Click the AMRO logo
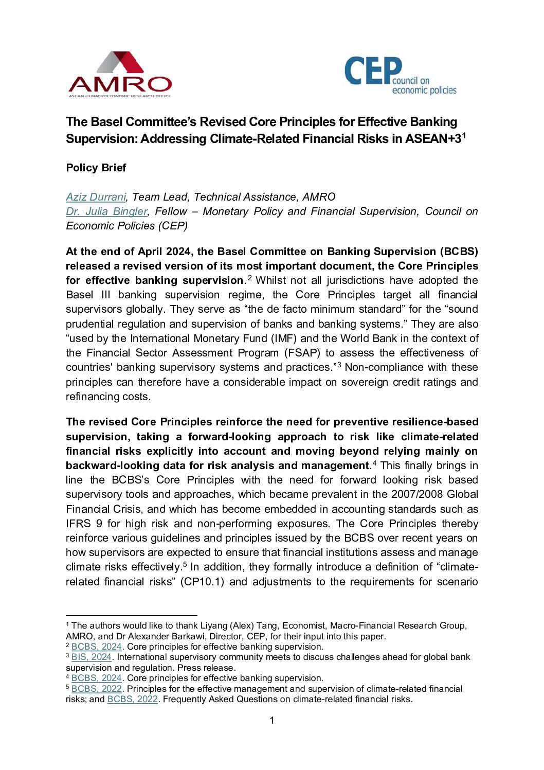[x=120, y=75]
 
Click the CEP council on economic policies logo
[x=400, y=76]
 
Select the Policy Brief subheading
[x=96, y=168]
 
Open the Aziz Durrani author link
[x=96, y=197]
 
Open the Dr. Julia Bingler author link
[x=106, y=211]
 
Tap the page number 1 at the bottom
[x=272, y=720]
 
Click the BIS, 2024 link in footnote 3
[x=92, y=657]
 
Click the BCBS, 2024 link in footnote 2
[x=97, y=647]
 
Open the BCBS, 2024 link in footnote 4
[x=97, y=678]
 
